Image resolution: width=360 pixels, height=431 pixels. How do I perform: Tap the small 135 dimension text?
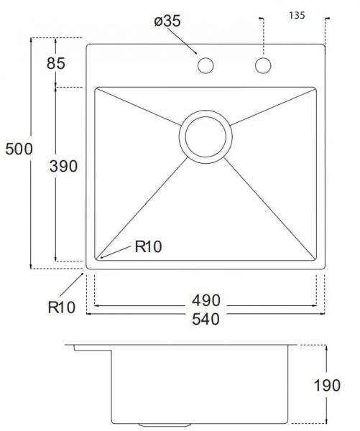pyautogui.click(x=296, y=14)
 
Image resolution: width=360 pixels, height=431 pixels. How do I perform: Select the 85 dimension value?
pyautogui.click(x=56, y=63)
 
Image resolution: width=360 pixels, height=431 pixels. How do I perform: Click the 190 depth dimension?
pyautogui.click(x=327, y=386)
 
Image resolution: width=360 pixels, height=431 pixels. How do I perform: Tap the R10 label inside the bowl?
pyautogui.click(x=148, y=247)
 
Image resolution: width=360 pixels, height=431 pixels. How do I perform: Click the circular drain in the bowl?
pyautogui.click(x=206, y=135)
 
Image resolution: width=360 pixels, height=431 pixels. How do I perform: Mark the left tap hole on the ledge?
pyautogui.click(x=206, y=66)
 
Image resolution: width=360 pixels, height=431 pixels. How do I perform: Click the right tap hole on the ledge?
pyautogui.click(x=262, y=66)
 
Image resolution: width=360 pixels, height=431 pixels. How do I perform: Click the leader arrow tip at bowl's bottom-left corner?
pyautogui.click(x=101, y=256)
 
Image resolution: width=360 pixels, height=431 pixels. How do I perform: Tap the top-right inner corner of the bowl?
pyautogui.click(x=315, y=89)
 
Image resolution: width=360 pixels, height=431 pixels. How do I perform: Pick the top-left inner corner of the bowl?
pyautogui.click(x=96, y=89)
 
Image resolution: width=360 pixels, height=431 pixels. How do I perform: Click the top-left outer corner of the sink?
pyautogui.click(x=88, y=45)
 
